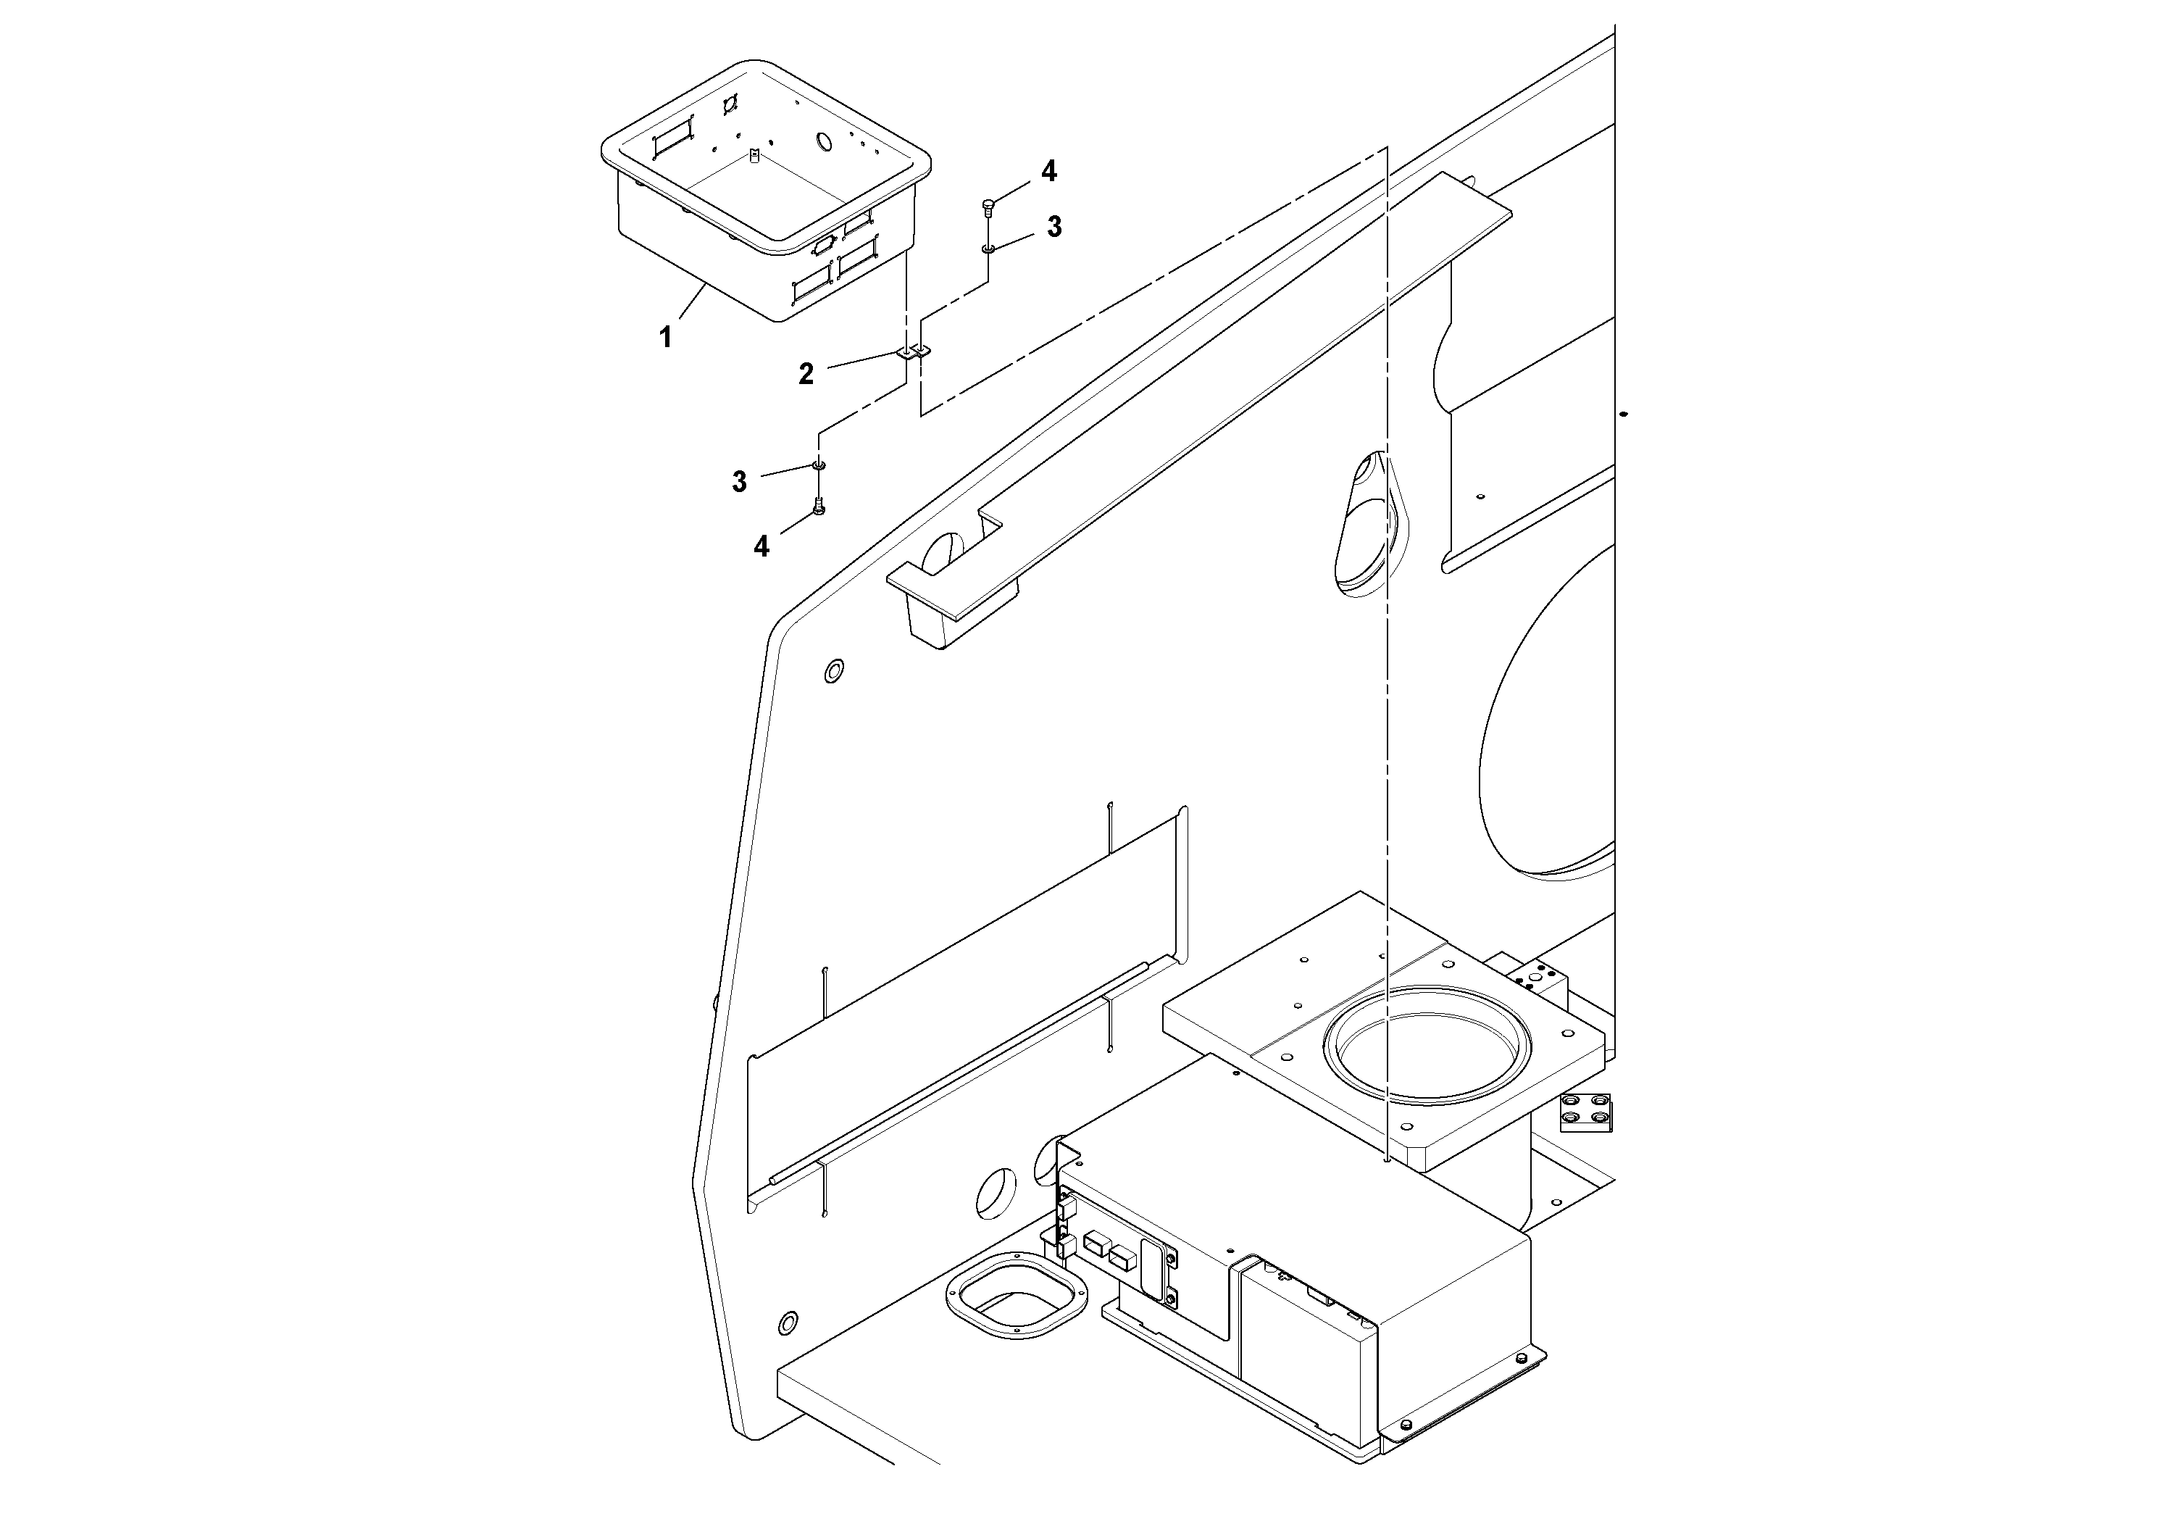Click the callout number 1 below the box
(x=665, y=337)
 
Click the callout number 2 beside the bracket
(x=806, y=374)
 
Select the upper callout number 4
(x=1048, y=171)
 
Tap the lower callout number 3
(x=739, y=482)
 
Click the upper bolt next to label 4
(x=988, y=207)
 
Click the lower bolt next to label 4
(x=819, y=507)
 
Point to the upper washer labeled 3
(x=988, y=249)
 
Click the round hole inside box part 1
(x=824, y=142)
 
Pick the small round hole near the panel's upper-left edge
(x=833, y=671)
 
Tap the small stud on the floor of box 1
(x=754, y=154)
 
